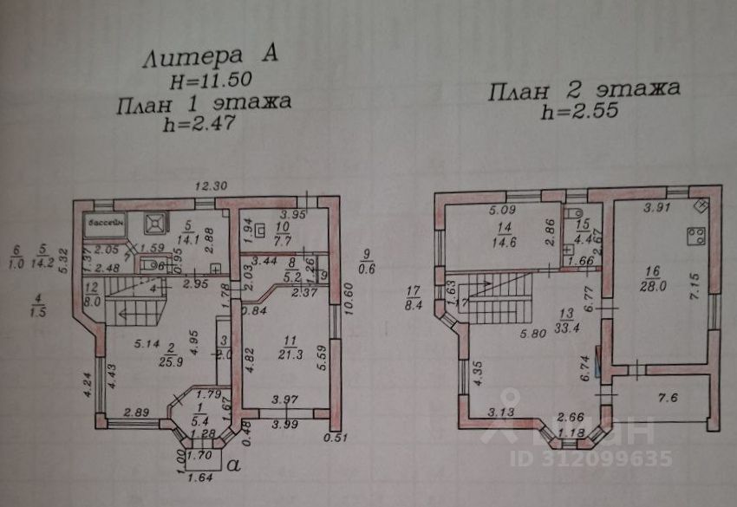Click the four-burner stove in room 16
(x=695, y=235)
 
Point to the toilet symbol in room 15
(x=572, y=211)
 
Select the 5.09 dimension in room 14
(x=501, y=208)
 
